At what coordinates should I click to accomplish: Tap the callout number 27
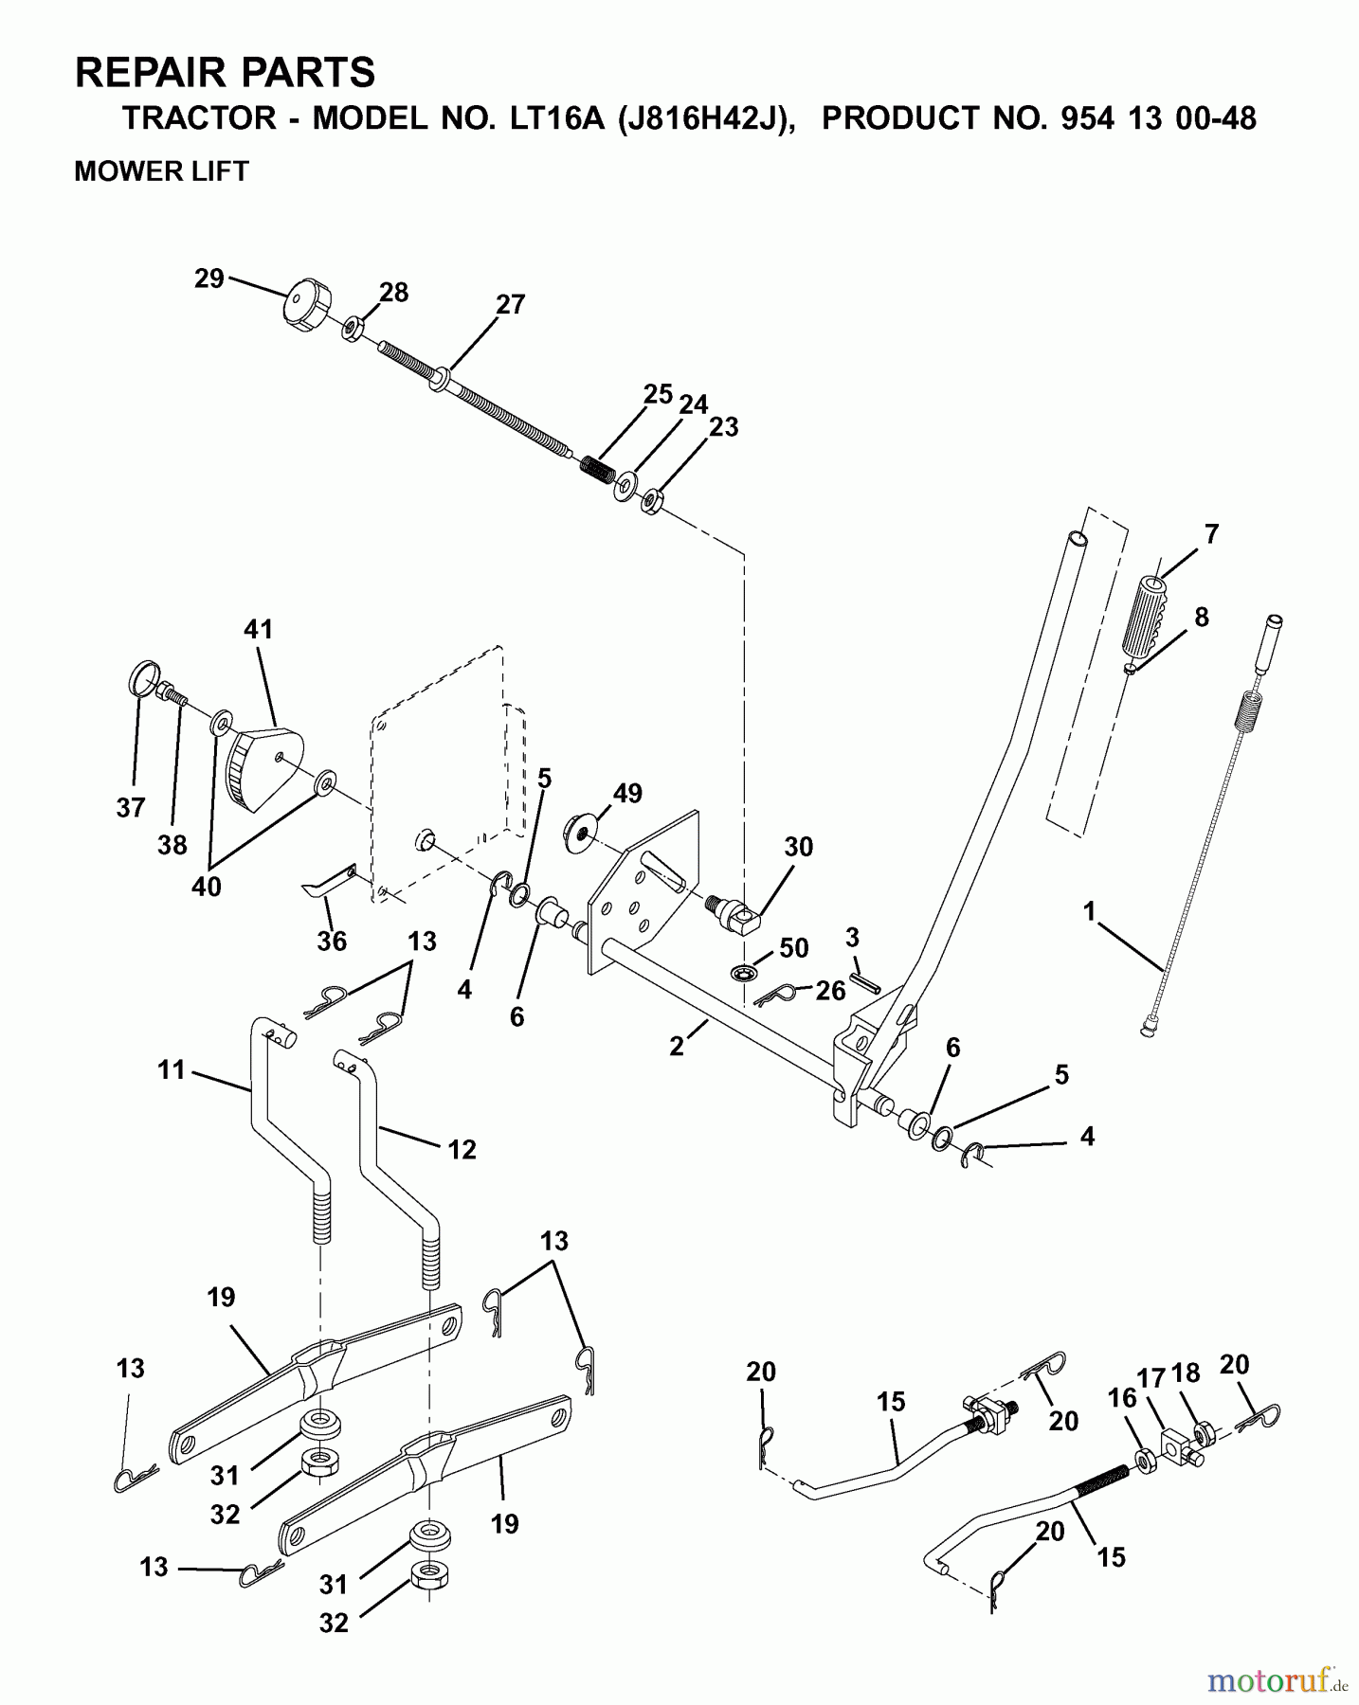[510, 305]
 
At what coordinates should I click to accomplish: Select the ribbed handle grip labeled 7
[1147, 615]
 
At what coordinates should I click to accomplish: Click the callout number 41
[258, 629]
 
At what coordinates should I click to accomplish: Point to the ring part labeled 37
[140, 678]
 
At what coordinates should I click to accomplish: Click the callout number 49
[627, 794]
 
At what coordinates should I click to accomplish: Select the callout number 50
[793, 947]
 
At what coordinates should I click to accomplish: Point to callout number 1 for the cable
[1090, 911]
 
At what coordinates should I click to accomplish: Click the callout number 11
[172, 1071]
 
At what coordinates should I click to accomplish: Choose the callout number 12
[462, 1149]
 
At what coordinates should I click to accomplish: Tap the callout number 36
[332, 941]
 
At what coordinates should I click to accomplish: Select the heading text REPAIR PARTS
[225, 72]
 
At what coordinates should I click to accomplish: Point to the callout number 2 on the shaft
[676, 1047]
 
